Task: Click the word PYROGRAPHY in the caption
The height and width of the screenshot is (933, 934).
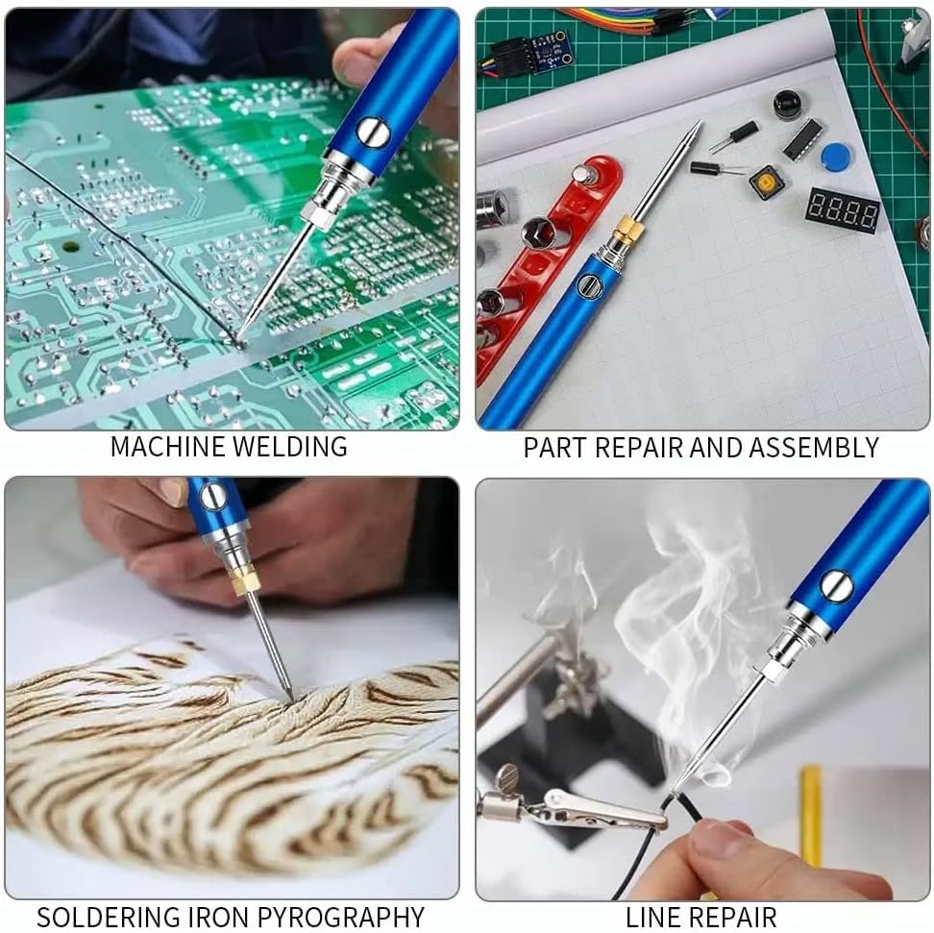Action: pos(341,917)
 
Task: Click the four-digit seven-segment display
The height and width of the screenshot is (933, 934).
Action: pos(842,210)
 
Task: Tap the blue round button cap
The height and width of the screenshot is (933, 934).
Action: pos(835,157)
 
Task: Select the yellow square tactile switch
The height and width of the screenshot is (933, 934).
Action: pos(766,182)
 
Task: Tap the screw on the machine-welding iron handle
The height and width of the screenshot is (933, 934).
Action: pos(372,132)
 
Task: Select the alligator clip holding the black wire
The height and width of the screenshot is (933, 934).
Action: pos(572,804)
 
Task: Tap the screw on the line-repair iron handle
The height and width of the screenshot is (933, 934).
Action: pos(836,585)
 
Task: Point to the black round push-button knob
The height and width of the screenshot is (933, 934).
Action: pos(789,106)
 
